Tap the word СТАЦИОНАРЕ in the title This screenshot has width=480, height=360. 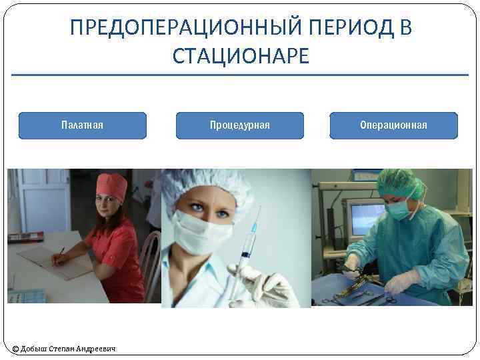tap(240, 56)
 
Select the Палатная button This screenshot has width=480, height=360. tap(82, 125)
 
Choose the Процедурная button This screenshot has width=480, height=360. tap(239, 125)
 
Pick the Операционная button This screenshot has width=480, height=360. tap(393, 125)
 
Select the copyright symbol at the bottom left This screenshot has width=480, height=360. tap(16, 349)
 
